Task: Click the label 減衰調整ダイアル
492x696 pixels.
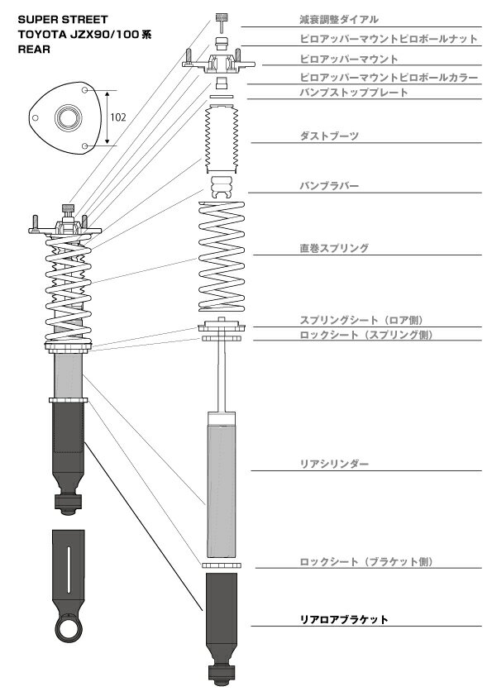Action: click(339, 20)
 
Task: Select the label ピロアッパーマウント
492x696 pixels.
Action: click(349, 59)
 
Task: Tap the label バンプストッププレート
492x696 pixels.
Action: click(354, 93)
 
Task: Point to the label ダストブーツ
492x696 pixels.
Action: click(329, 136)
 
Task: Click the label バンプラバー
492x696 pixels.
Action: click(329, 186)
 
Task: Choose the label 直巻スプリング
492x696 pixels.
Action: click(334, 248)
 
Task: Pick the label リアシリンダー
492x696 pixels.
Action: click(334, 465)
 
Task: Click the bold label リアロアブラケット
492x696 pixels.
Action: click(344, 620)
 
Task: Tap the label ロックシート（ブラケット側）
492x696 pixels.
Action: click(366, 562)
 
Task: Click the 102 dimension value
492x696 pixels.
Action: click(118, 117)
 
